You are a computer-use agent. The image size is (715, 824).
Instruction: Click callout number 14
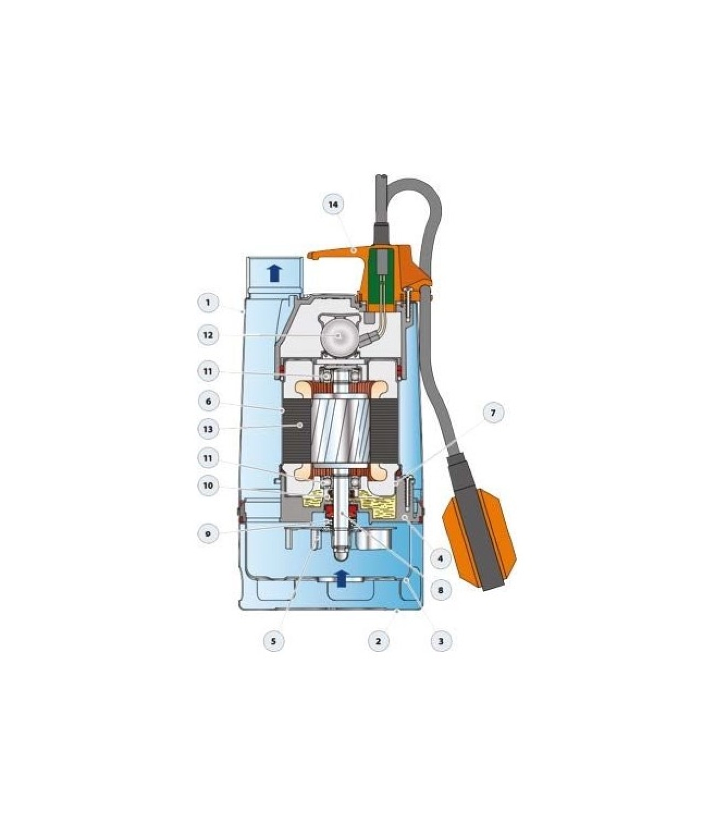point(333,204)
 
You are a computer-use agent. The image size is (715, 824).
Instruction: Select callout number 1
point(208,302)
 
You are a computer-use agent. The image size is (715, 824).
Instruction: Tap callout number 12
point(208,335)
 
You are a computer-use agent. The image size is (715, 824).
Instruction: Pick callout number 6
point(208,402)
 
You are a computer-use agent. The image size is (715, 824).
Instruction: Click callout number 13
point(208,429)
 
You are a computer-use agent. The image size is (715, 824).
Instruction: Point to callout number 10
point(208,486)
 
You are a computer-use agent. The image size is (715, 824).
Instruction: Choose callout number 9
point(208,533)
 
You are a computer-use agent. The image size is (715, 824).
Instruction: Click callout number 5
point(274,641)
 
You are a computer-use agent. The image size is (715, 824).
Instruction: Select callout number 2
point(378,641)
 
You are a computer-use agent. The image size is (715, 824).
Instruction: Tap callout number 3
point(441,641)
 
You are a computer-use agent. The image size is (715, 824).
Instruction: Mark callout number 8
point(441,591)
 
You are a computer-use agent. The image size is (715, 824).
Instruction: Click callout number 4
point(441,559)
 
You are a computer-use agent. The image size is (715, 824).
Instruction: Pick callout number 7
point(492,413)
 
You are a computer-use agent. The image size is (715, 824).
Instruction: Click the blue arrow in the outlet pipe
point(274,272)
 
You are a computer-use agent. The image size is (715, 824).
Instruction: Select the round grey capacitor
point(339,335)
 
